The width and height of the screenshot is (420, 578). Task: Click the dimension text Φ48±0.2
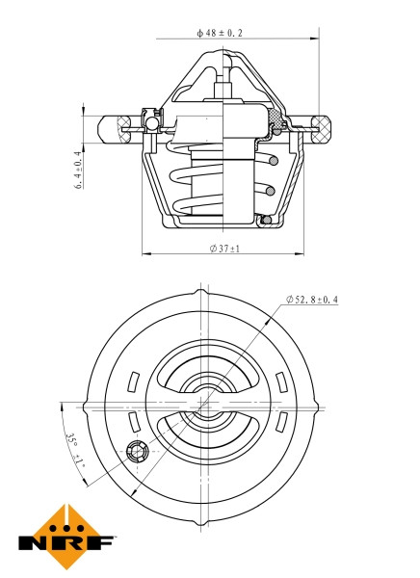click(x=220, y=33)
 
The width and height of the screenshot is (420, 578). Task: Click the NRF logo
click(x=68, y=536)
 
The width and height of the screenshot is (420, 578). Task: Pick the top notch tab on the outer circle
click(x=201, y=291)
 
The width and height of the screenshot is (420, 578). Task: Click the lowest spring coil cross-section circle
click(x=267, y=221)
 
